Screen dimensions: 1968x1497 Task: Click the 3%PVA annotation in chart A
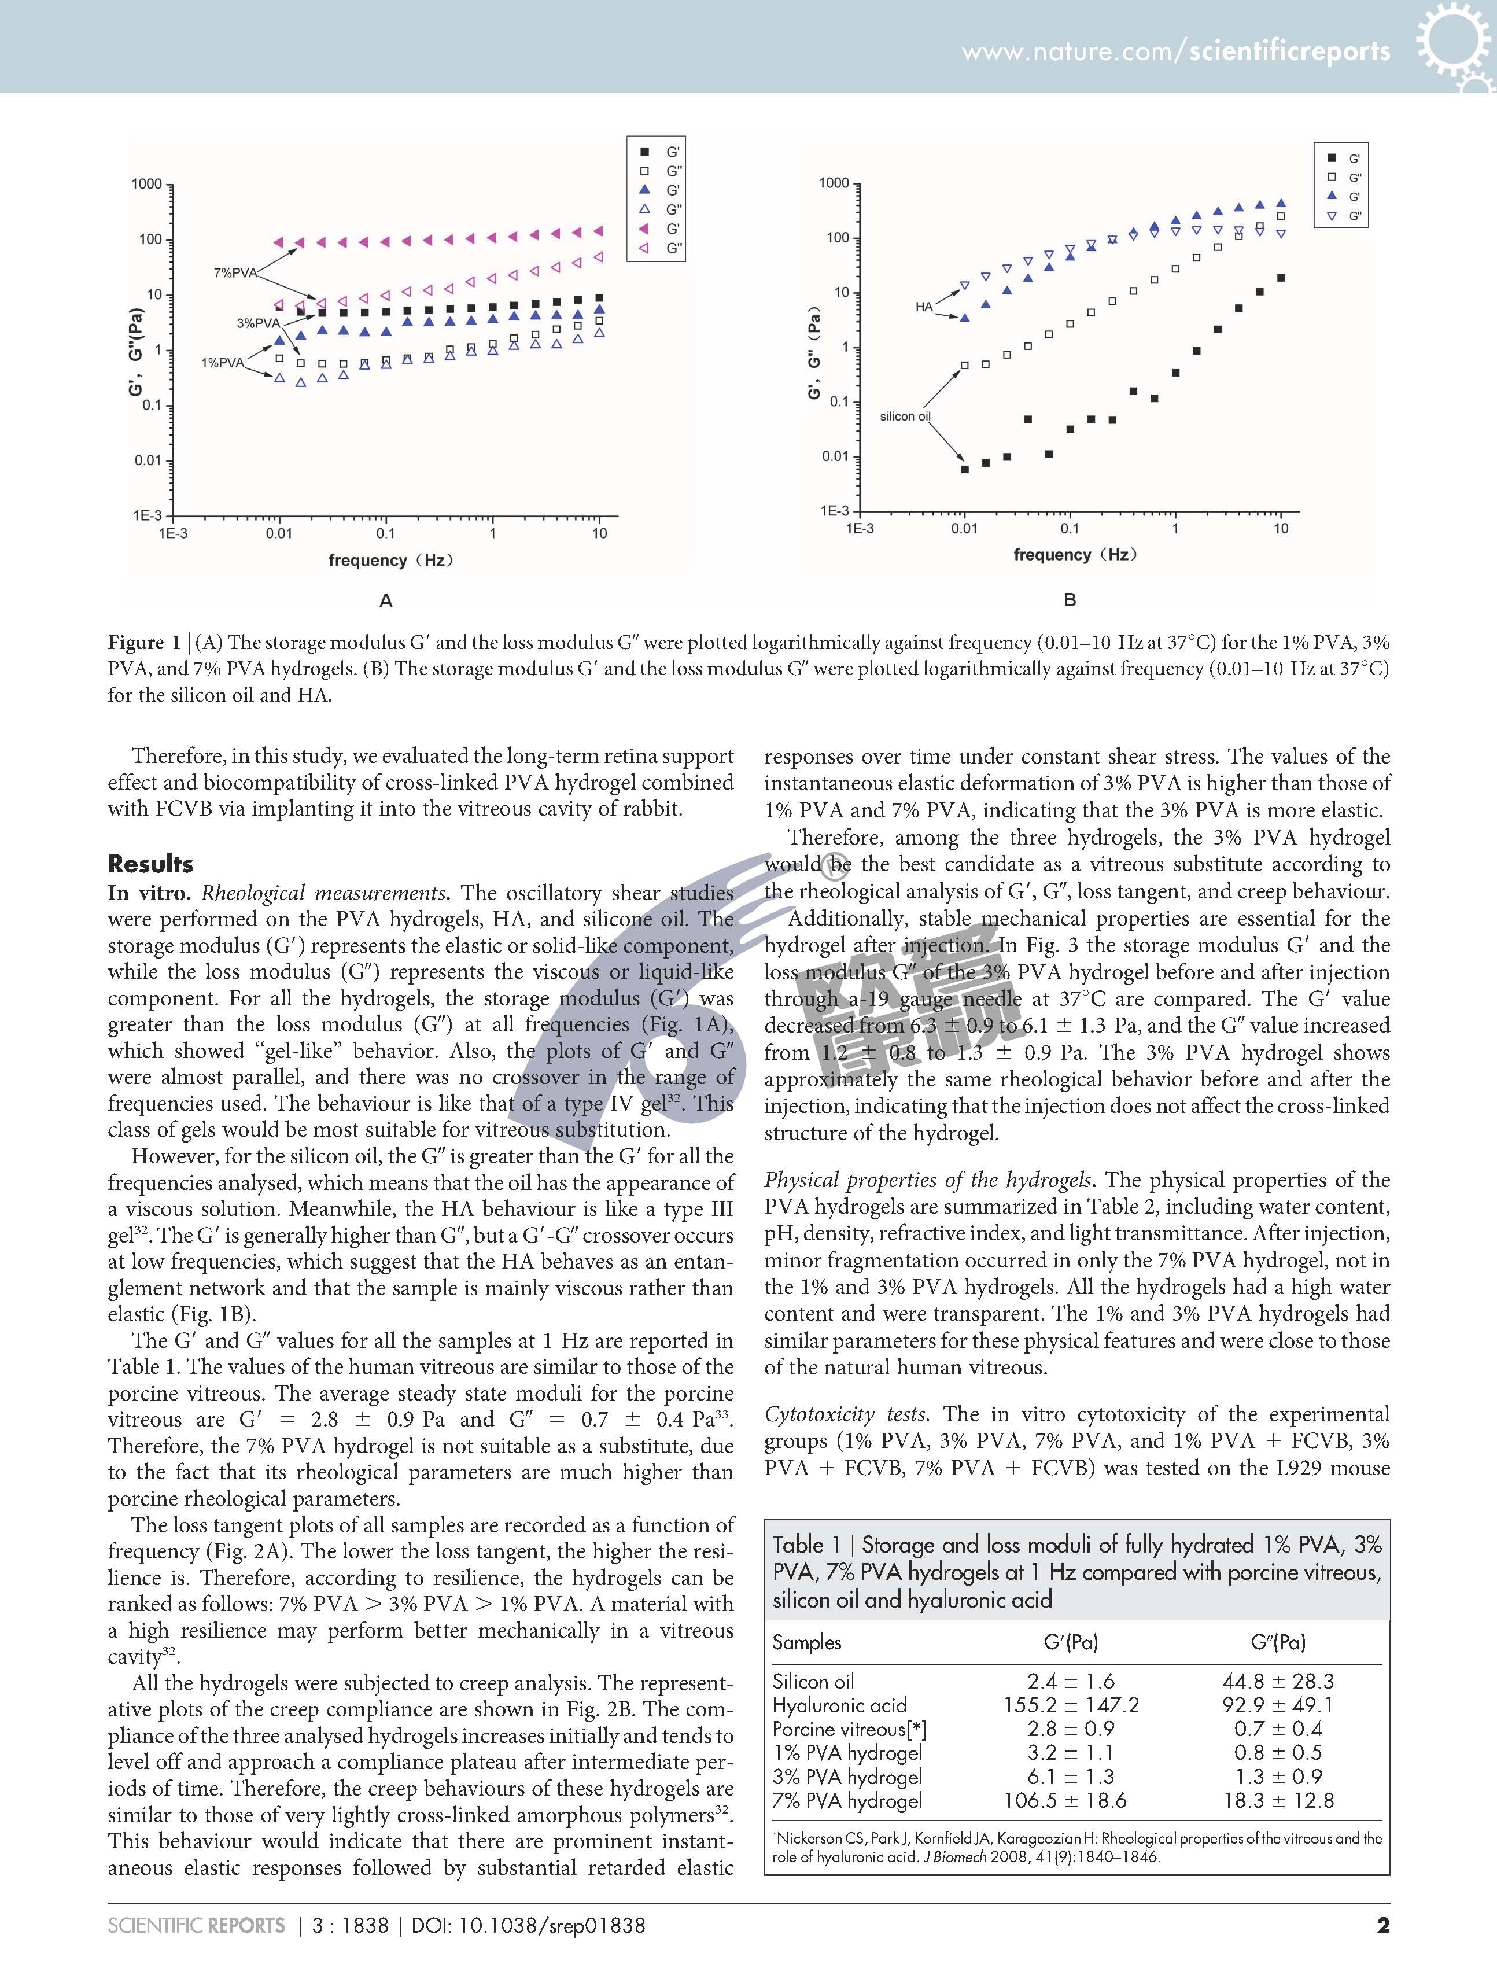pos(257,323)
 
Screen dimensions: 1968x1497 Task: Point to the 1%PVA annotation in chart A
pos(222,363)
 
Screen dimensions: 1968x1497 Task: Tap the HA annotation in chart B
pos(924,307)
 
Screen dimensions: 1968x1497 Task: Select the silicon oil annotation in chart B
pos(905,416)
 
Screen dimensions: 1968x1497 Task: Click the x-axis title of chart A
pos(391,561)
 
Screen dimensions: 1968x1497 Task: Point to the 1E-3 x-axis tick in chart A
pos(173,533)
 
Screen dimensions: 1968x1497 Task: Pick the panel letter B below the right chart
pos(1070,600)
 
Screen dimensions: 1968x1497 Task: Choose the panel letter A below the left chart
pos(386,600)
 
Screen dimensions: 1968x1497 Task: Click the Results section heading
pos(150,863)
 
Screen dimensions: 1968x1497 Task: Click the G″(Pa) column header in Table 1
pos(1278,1642)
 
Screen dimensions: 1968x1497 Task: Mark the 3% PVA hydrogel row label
pos(846,1777)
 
